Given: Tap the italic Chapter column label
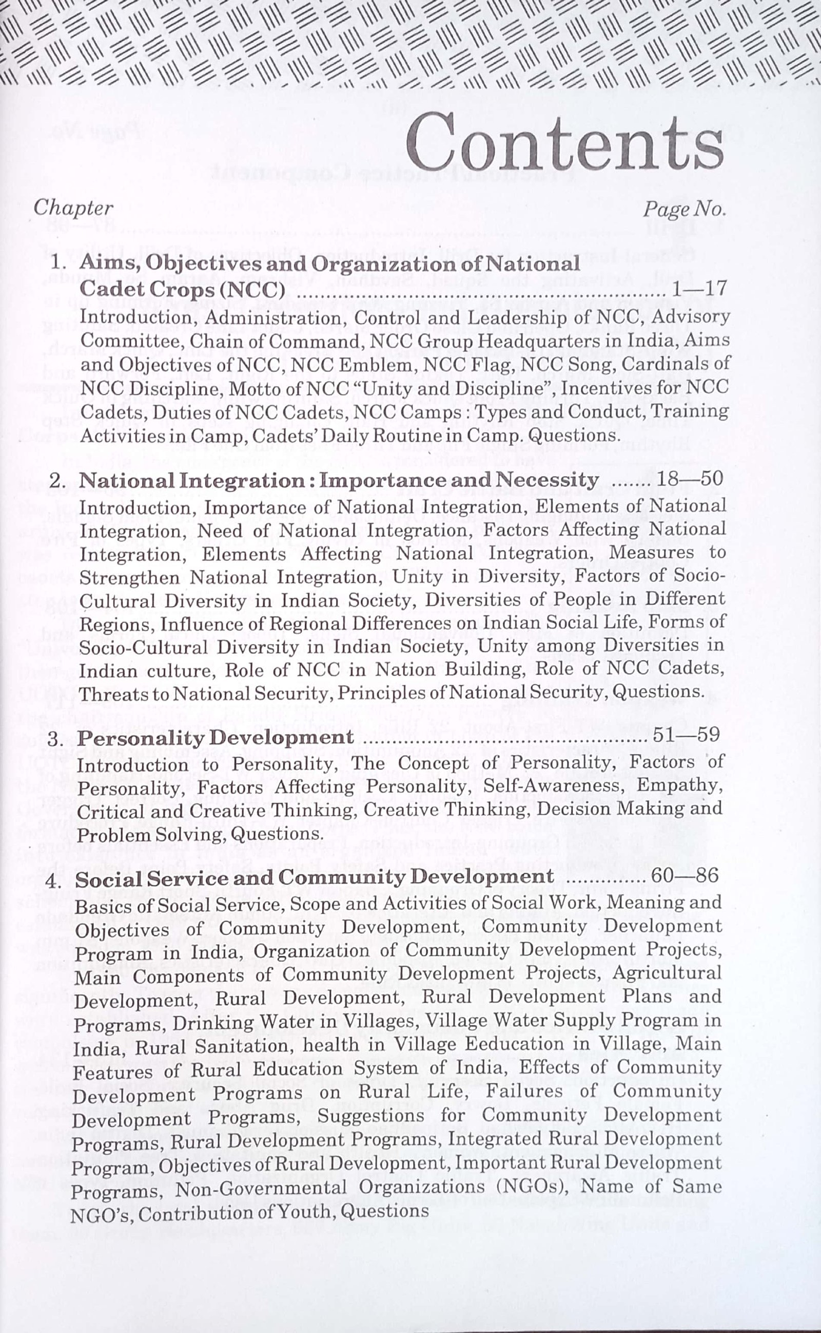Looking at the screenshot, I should [73, 208].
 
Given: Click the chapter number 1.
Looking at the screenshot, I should [56, 265].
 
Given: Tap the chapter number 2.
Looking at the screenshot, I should [56, 480].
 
